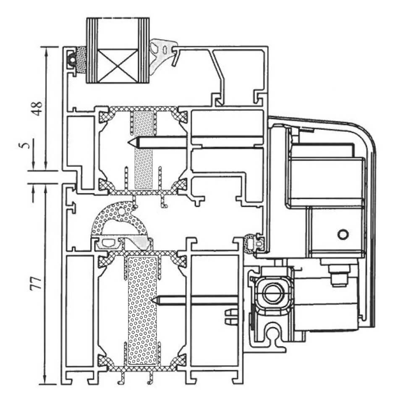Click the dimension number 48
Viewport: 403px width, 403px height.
[x=37, y=108]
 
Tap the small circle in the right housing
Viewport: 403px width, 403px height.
[x=343, y=233]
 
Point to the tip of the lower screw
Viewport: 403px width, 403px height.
[x=154, y=300]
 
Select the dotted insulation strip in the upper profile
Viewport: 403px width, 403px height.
[x=143, y=151]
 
